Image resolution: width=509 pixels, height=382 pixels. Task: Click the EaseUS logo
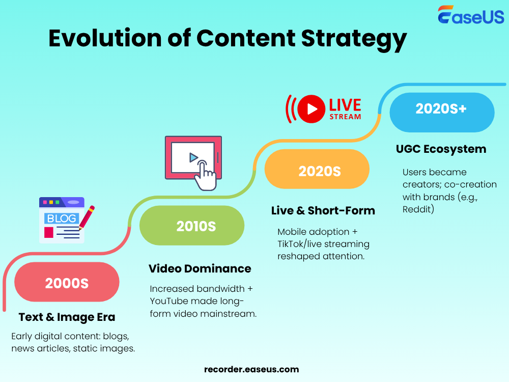pyautogui.click(x=471, y=15)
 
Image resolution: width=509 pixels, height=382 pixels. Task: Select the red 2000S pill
pyautogui.click(x=67, y=282)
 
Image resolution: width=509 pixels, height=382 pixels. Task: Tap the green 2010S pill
pyautogui.click(x=192, y=226)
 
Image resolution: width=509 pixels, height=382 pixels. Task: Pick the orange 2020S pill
pyautogui.click(x=317, y=171)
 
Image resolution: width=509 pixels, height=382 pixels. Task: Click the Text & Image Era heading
pyautogui.click(x=67, y=317)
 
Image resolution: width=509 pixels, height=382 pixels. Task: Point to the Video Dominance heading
pyautogui.click(x=200, y=268)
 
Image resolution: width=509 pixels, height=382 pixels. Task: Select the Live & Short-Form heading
pyautogui.click(x=323, y=210)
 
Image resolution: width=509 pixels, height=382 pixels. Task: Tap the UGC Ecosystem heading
pyautogui.click(x=441, y=149)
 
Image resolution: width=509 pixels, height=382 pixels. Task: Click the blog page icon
pyautogui.click(x=61, y=221)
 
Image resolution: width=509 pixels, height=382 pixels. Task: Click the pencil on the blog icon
pyautogui.click(x=87, y=217)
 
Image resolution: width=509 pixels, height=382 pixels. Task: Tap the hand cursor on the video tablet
pyautogui.click(x=206, y=176)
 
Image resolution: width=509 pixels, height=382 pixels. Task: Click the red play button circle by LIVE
pyautogui.click(x=311, y=109)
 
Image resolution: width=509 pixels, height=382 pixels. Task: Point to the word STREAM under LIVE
pyautogui.click(x=345, y=117)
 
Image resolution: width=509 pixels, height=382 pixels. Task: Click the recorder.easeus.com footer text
pyautogui.click(x=251, y=369)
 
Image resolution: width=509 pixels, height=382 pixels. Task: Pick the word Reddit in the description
pyautogui.click(x=418, y=209)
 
